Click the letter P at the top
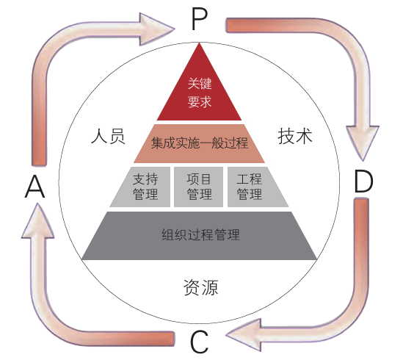click(199, 20)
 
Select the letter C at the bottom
click(200, 342)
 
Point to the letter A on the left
click(35, 189)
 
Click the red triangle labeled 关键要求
click(200, 93)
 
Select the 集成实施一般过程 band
click(200, 143)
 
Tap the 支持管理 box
click(141, 187)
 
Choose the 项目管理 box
click(199, 187)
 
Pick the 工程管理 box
click(250, 187)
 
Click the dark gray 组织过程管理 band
click(200, 235)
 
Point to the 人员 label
click(108, 137)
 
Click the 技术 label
click(294, 137)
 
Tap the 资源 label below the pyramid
click(200, 287)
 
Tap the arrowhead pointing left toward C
click(242, 337)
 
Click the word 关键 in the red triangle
click(200, 84)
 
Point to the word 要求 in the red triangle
click(200, 101)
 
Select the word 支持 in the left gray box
click(141, 179)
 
